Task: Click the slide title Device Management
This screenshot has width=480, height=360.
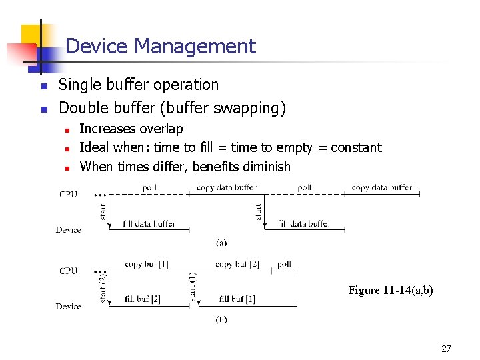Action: [x=161, y=46]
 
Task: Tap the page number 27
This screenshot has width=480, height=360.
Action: [x=446, y=348]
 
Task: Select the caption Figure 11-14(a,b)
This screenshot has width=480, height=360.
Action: [x=391, y=290]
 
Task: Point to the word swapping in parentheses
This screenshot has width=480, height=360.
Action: [x=253, y=107]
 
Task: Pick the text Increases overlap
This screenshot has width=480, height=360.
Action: [x=131, y=129]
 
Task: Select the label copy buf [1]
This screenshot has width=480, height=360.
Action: [x=146, y=264]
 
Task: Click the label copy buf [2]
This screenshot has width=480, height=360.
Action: [x=237, y=264]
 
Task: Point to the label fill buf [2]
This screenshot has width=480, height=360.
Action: [x=143, y=299]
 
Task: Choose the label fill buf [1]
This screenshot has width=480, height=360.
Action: [x=237, y=299]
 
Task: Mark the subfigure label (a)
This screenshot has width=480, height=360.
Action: [x=221, y=243]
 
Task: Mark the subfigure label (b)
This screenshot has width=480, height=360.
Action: [x=221, y=319]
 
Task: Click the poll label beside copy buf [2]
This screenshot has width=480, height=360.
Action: [x=284, y=264]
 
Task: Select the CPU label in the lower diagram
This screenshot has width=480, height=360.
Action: [x=69, y=271]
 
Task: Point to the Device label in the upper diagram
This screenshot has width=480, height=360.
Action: [x=69, y=230]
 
